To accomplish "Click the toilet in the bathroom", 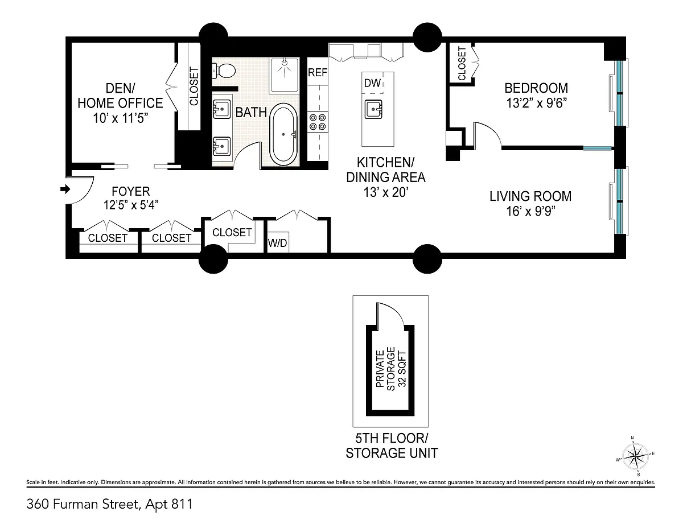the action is point(224,71).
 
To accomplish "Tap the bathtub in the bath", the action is point(283,134).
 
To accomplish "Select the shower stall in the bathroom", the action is point(284,75).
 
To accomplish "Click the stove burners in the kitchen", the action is point(318,122).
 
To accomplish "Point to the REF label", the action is point(318,73).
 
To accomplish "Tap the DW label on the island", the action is point(372,83).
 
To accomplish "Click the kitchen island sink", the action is point(373,109).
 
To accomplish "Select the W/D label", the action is point(278,243).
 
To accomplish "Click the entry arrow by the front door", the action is point(65,189).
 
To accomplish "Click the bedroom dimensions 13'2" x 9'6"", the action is point(536,103).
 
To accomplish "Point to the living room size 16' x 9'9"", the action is point(530,211).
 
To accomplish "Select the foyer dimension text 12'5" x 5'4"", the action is point(131,205).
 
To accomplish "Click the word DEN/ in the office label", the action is point(121,88).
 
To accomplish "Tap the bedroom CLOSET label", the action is point(462,64).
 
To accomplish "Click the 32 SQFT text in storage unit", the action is point(402,369).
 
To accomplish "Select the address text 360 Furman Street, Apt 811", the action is point(109,504).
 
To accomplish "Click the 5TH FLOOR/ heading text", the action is point(392,438).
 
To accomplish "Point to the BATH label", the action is point(251,113).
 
